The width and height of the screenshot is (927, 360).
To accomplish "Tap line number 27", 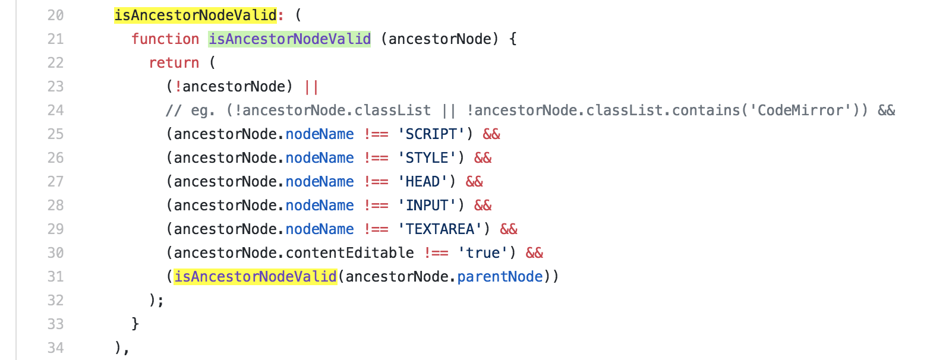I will point(55,182).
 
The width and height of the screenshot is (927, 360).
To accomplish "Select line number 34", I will point(55,348).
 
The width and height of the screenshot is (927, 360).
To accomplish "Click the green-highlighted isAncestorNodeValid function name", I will point(289,39).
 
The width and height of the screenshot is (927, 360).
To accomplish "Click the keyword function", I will point(165,39).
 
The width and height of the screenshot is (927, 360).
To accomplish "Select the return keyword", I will point(174,63).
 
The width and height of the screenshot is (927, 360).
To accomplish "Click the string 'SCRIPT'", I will point(431,134).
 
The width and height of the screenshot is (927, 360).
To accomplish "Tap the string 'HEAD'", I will point(422,182).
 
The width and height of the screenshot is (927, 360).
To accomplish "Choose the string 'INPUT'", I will point(427,206).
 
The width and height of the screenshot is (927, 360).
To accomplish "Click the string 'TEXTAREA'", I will point(440,229).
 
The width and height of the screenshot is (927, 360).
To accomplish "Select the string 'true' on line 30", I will point(483,253).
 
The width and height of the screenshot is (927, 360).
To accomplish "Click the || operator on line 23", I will point(311,87).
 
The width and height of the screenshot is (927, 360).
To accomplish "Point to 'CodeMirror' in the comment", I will point(802,110).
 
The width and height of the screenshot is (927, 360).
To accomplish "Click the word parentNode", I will point(500,277).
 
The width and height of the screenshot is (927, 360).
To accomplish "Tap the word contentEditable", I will point(349,253).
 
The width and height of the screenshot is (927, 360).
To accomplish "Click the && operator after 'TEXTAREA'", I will point(509,229).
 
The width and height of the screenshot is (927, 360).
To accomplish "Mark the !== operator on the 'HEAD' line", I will point(376,182).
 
